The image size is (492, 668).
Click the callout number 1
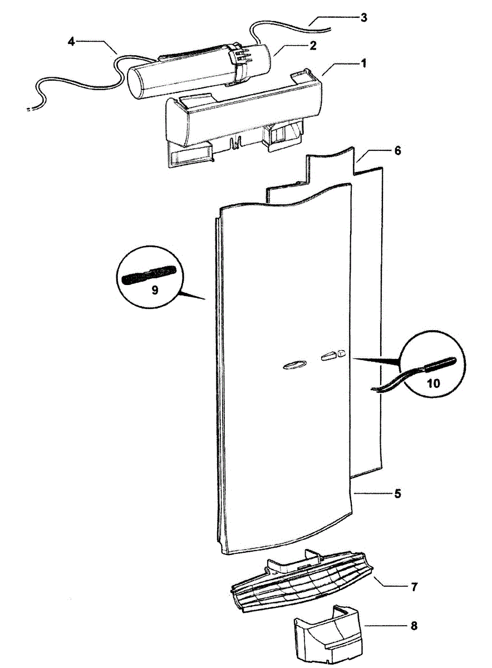coord(363,63)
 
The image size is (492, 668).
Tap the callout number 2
coord(313,46)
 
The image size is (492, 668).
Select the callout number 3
coord(363,17)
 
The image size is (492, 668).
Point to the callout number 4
coord(71,41)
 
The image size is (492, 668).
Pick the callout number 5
coord(398,494)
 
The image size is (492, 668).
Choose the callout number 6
coord(397,151)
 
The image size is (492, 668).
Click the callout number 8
coord(414,626)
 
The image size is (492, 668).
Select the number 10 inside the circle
coord(434,382)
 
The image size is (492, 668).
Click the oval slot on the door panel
coord(294,365)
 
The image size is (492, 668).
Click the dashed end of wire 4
coord(29,110)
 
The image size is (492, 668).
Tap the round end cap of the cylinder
coord(136,83)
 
